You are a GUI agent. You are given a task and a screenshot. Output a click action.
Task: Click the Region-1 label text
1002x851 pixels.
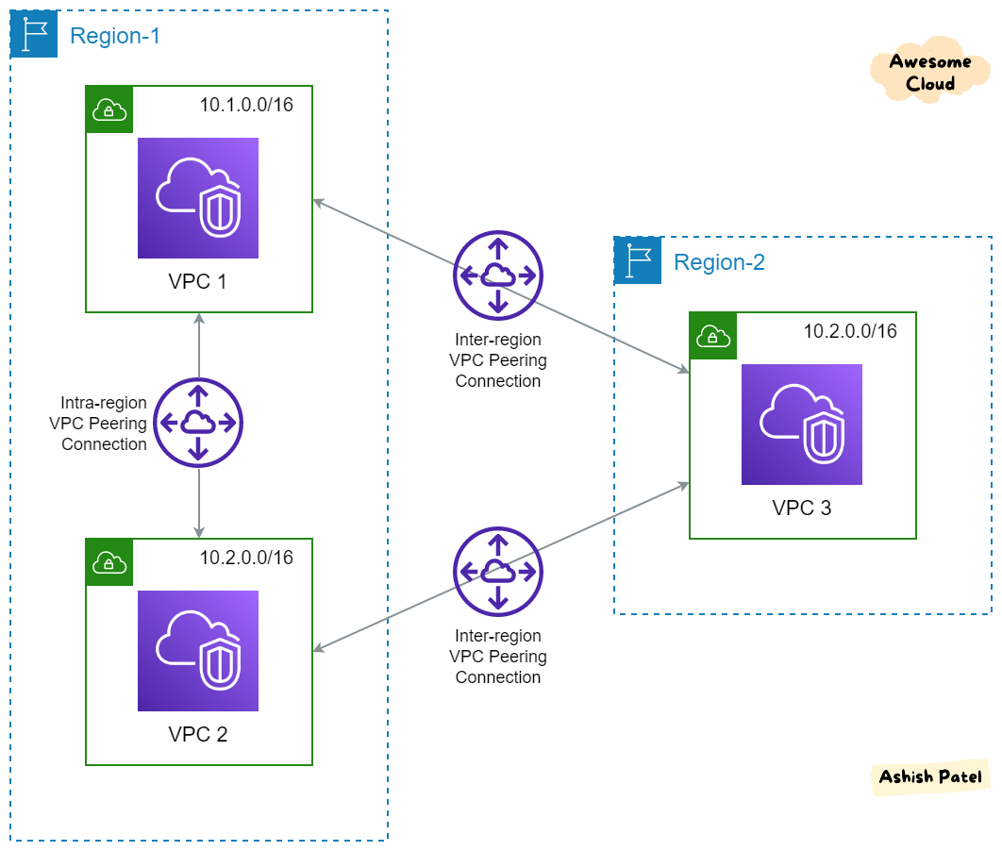coord(115,36)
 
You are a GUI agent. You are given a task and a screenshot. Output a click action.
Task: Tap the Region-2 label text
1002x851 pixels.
coord(719,262)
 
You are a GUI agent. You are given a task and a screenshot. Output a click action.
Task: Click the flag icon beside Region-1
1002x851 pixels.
coord(34,35)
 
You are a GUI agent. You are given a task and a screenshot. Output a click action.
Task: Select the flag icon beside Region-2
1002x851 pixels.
coord(638,261)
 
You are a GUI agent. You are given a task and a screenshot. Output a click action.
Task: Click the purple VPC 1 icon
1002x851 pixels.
coord(198,198)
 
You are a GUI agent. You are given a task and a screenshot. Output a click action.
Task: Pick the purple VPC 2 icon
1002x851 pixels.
coord(198,651)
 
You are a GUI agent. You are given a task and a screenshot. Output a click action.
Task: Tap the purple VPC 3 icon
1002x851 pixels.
coord(802,425)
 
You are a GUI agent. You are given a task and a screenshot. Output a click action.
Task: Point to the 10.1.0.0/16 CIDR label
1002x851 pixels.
coord(246,105)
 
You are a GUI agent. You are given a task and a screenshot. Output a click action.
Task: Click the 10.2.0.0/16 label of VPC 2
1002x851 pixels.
coord(246,558)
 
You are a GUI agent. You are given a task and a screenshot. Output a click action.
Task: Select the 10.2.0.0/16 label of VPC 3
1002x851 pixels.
coord(850,331)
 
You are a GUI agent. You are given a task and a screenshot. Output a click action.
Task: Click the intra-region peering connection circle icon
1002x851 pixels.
coord(198,424)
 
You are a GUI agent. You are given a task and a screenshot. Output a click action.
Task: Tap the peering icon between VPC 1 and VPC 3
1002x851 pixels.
coord(498,275)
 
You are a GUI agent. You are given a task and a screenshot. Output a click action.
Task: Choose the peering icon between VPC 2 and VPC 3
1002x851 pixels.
coord(498,571)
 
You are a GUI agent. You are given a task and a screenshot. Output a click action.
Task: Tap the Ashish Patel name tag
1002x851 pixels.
coord(929,777)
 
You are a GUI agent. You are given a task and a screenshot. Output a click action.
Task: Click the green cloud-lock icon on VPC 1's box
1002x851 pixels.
coord(109,110)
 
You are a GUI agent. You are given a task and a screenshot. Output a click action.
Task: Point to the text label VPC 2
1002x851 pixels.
coord(198,734)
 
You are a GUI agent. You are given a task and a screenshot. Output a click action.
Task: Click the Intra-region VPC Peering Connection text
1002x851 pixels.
coord(98,424)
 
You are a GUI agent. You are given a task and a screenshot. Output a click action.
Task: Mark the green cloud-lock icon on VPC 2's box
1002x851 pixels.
coord(109,563)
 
